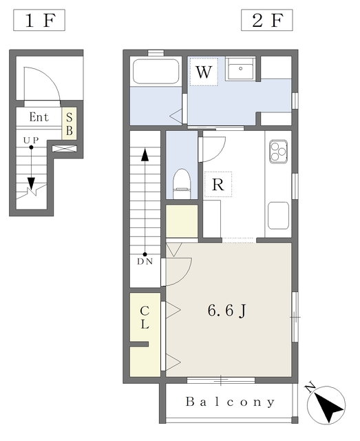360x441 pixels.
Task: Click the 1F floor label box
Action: click(39, 20)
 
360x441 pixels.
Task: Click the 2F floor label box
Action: click(266, 20)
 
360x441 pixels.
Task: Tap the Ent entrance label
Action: click(39, 116)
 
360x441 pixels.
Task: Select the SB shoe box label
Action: click(69, 124)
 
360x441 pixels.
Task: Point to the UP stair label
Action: click(31, 140)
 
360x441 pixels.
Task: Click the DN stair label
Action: click(145, 262)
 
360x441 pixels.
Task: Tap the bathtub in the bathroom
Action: click(156, 71)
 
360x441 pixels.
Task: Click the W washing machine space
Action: click(204, 72)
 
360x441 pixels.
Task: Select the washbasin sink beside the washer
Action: click(240, 69)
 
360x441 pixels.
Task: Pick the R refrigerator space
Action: click(218, 185)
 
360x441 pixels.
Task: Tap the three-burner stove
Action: click(279, 152)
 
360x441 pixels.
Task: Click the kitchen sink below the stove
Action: click(278, 216)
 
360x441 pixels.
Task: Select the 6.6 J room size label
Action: click(227, 311)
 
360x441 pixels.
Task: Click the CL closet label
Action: click(145, 318)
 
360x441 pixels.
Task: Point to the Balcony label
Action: click(230, 402)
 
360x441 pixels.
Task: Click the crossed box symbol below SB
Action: click(64, 149)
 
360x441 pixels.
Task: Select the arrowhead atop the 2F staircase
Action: click(145, 154)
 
